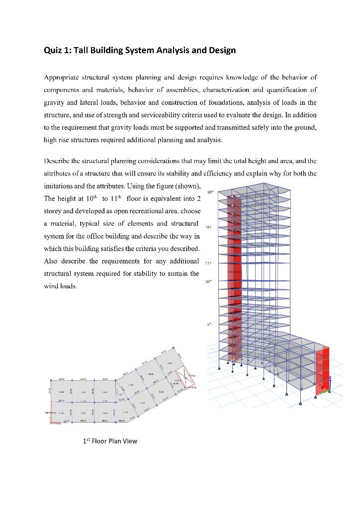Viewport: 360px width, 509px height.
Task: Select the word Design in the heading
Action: click(x=222, y=50)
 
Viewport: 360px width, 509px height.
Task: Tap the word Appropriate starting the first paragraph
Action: click(x=63, y=78)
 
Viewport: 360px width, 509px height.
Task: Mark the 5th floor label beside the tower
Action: click(x=209, y=324)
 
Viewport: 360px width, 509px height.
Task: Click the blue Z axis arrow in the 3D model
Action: click(x=329, y=382)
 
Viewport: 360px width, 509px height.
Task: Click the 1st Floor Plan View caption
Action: click(x=110, y=441)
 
